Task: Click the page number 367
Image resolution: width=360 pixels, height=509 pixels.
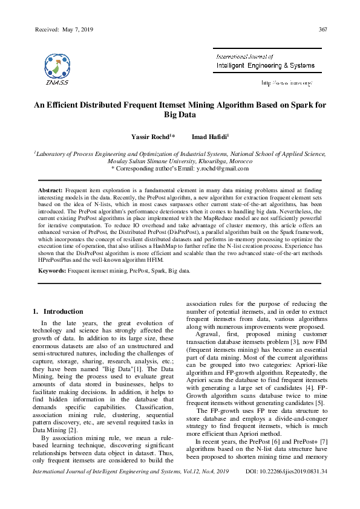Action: [322, 29]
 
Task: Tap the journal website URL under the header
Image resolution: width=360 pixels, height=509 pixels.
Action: [286, 82]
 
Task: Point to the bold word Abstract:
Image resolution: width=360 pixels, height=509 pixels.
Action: [51, 190]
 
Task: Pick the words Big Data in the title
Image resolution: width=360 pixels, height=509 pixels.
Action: [180, 115]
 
